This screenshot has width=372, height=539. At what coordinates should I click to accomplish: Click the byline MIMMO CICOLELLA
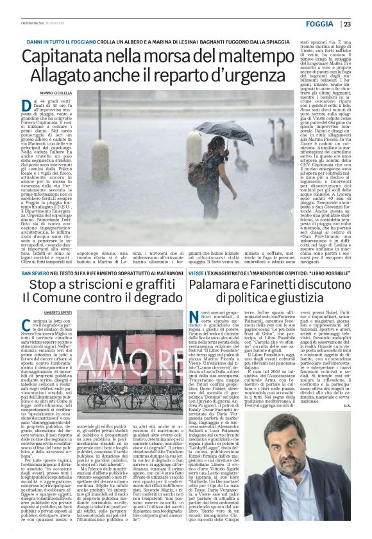pos(56,93)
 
